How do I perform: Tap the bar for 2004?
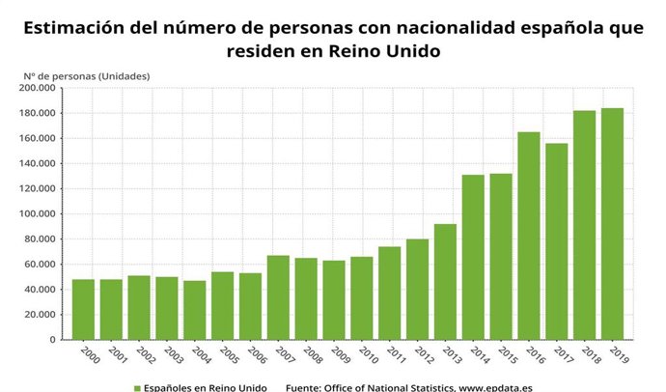tap(195, 310)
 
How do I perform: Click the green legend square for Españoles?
tap(137, 387)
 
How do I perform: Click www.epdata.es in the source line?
tap(497, 387)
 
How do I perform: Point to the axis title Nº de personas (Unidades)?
tap(87, 75)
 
